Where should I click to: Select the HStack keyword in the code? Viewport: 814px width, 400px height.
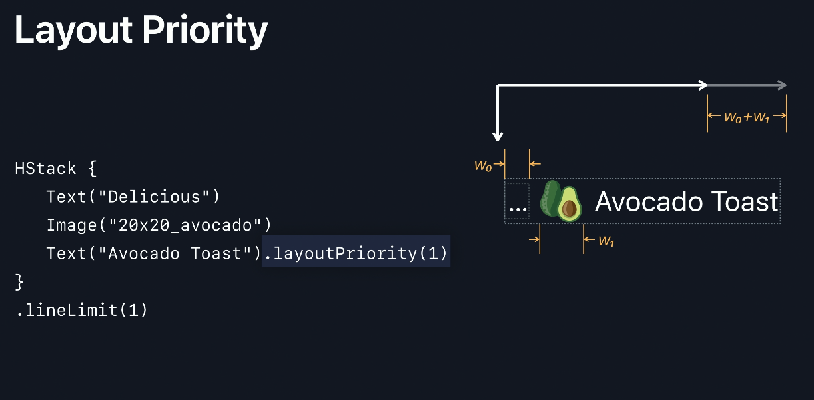tap(46, 169)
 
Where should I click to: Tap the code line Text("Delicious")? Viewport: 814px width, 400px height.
tap(133, 197)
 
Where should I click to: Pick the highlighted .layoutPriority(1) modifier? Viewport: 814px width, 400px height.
tap(356, 253)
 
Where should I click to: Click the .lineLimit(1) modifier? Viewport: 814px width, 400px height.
tap(81, 310)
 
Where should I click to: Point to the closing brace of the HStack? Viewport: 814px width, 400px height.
tap(19, 282)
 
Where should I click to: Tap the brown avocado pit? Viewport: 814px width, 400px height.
tap(569, 209)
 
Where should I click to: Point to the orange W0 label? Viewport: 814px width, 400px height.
tap(483, 165)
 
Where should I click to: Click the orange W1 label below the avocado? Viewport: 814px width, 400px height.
tap(606, 241)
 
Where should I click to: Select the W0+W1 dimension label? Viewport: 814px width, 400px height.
tap(747, 117)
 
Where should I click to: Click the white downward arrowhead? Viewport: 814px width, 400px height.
tap(498, 137)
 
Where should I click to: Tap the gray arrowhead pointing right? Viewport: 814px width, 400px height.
tap(782, 85)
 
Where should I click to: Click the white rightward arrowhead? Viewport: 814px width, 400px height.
tap(703, 85)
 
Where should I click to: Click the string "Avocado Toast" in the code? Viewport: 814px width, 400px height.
tap(178, 253)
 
